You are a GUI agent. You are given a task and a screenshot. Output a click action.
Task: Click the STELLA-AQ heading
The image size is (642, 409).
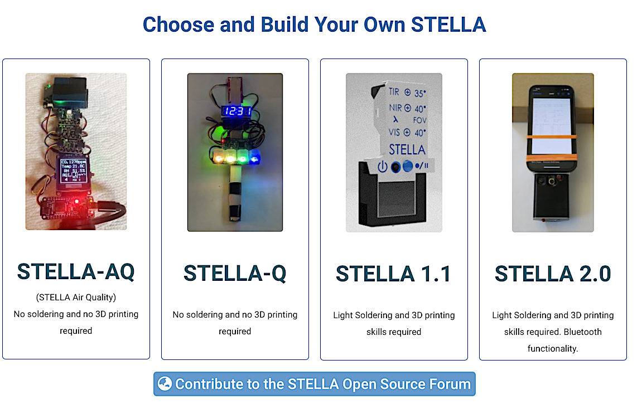[76, 271]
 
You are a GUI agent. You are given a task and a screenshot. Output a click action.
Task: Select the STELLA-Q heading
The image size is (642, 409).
[235, 273]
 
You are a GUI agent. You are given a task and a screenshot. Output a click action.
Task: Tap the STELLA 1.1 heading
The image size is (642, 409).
[393, 274]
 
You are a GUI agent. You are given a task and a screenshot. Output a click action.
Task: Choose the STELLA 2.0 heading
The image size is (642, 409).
[553, 274]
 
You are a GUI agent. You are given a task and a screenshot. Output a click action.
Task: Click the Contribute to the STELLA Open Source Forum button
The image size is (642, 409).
[314, 384]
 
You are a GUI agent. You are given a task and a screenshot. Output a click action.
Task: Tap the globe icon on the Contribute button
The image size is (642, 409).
[165, 383]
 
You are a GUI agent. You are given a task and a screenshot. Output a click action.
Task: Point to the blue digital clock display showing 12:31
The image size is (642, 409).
[236, 111]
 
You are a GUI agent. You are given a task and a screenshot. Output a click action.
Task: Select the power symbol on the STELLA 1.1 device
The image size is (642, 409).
[383, 166]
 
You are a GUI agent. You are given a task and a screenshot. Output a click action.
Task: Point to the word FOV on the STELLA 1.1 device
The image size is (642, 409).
[420, 120]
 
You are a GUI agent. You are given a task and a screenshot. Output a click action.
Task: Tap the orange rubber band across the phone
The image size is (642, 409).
[553, 137]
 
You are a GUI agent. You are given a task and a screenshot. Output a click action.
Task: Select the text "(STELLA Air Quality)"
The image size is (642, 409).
[76, 298]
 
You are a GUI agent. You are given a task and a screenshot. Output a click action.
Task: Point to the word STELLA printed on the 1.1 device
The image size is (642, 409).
[407, 149]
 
